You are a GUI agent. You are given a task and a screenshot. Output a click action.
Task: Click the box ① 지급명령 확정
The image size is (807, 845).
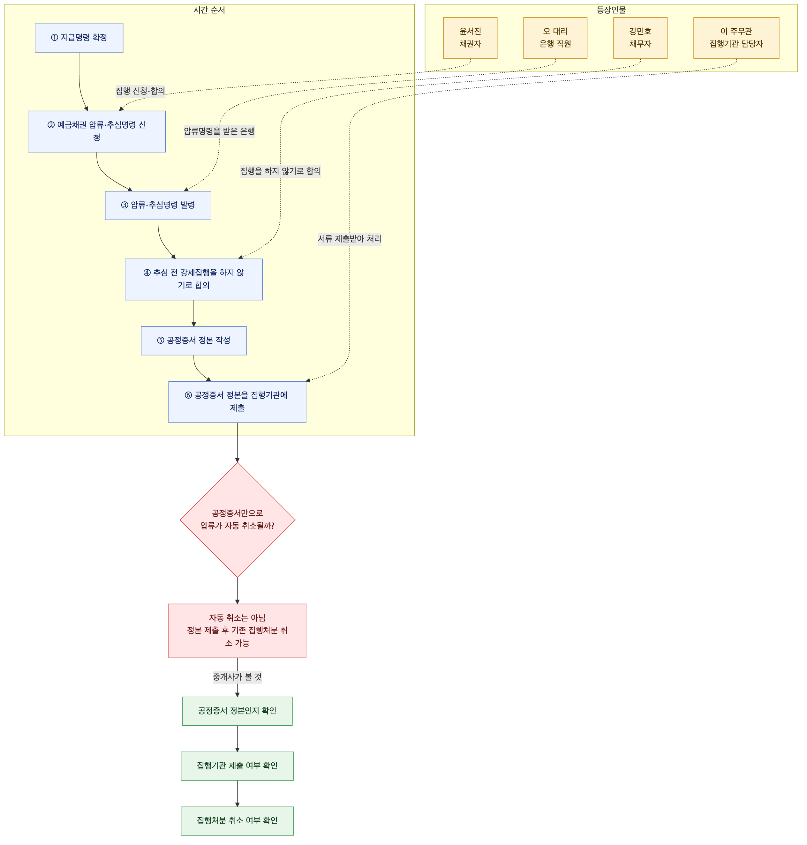[79, 38]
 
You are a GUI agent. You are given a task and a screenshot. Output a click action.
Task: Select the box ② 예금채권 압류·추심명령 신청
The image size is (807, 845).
[97, 131]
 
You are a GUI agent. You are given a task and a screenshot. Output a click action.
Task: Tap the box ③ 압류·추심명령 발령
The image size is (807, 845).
[158, 205]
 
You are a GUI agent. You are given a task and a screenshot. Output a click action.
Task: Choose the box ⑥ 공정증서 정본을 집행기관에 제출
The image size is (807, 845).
[238, 402]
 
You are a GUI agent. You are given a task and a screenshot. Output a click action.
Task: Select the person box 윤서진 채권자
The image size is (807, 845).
[470, 38]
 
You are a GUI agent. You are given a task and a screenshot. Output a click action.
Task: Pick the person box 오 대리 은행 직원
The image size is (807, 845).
[555, 38]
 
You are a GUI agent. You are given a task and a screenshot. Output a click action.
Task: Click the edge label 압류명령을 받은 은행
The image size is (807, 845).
[219, 131]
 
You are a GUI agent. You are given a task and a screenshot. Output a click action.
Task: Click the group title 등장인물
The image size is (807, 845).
[611, 10]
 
